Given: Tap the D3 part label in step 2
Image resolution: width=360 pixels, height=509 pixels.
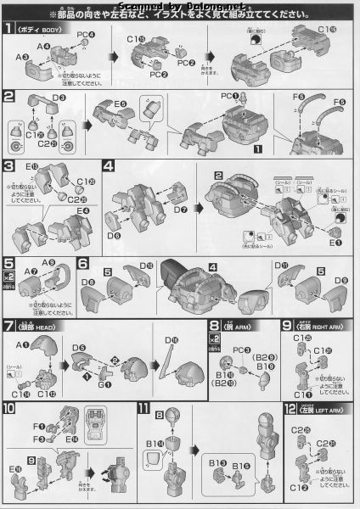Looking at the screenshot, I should point(59,98).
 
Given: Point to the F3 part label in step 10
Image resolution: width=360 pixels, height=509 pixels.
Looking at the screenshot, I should point(39,439).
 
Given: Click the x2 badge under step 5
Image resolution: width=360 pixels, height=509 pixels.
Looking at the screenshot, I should point(8,277).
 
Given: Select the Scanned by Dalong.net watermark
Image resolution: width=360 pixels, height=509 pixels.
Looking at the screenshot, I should point(180,6).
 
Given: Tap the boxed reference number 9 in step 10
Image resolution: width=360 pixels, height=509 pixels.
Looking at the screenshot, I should point(31,460).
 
